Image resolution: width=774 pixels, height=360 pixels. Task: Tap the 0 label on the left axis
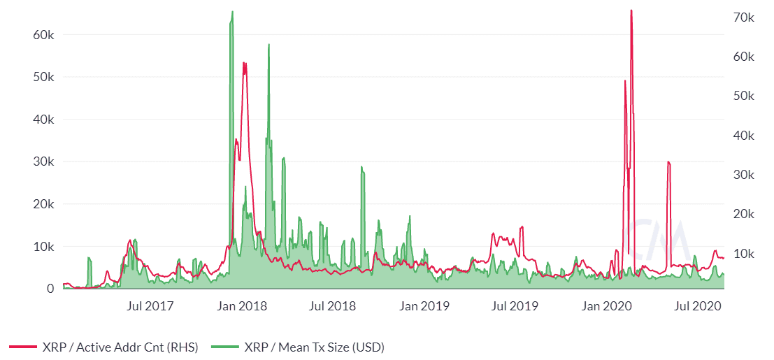pos(51,289)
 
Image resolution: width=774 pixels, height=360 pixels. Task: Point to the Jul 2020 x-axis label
pos(699,306)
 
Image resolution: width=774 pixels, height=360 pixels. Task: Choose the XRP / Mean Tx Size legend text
pos(314,347)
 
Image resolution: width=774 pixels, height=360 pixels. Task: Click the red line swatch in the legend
pos(23,347)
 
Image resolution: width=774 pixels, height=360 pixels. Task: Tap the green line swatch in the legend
pos(223,347)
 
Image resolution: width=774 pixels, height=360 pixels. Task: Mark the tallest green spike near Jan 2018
pos(232,12)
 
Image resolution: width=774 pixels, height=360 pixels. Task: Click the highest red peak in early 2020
pos(631,10)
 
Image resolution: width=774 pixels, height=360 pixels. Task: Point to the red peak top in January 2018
pos(244,63)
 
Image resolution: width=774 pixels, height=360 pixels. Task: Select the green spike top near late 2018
pos(361,167)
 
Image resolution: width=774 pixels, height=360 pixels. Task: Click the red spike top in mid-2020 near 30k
pos(668,162)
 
